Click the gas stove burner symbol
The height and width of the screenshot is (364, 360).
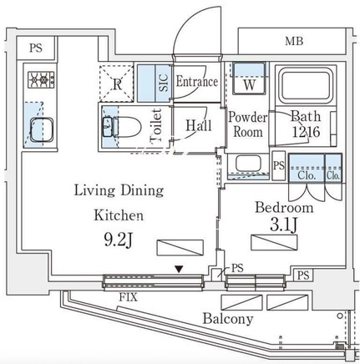pos(41,80)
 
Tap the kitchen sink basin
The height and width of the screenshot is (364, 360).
pos(42,129)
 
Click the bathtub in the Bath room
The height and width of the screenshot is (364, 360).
pos(306,85)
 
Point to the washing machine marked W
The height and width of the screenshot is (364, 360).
pos(249,78)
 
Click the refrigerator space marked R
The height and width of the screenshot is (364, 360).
pos(116,83)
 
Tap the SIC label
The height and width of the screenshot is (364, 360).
pos(165,83)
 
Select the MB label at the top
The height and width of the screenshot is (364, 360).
pos(294,42)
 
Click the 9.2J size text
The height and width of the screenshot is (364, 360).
pos(118,240)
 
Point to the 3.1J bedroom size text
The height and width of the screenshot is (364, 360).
pos(284,225)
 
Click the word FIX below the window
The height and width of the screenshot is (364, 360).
pos(129,297)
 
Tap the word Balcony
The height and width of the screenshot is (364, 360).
pos(228,319)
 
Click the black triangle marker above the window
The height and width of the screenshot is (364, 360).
pos(179,269)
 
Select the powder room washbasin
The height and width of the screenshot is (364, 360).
pos(248,164)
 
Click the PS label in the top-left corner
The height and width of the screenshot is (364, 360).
pos(36,48)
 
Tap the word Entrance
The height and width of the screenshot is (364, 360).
pos(197,82)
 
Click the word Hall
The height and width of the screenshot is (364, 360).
pos(199,125)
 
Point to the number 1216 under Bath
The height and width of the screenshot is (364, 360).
pos(306,132)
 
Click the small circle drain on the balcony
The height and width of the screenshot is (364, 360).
pos(340,316)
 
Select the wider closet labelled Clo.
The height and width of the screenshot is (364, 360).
pos(307,169)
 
